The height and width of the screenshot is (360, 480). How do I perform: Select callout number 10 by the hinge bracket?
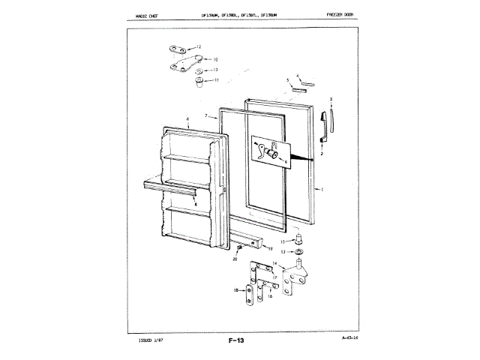[214, 59]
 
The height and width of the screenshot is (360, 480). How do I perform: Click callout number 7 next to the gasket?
[205, 116]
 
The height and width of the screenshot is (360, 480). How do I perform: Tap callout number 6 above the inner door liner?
[177, 121]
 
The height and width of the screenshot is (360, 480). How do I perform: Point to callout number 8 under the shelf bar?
[196, 204]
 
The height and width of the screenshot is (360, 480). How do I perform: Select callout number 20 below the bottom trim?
[235, 259]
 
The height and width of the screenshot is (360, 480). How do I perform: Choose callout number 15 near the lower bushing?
[283, 242]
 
